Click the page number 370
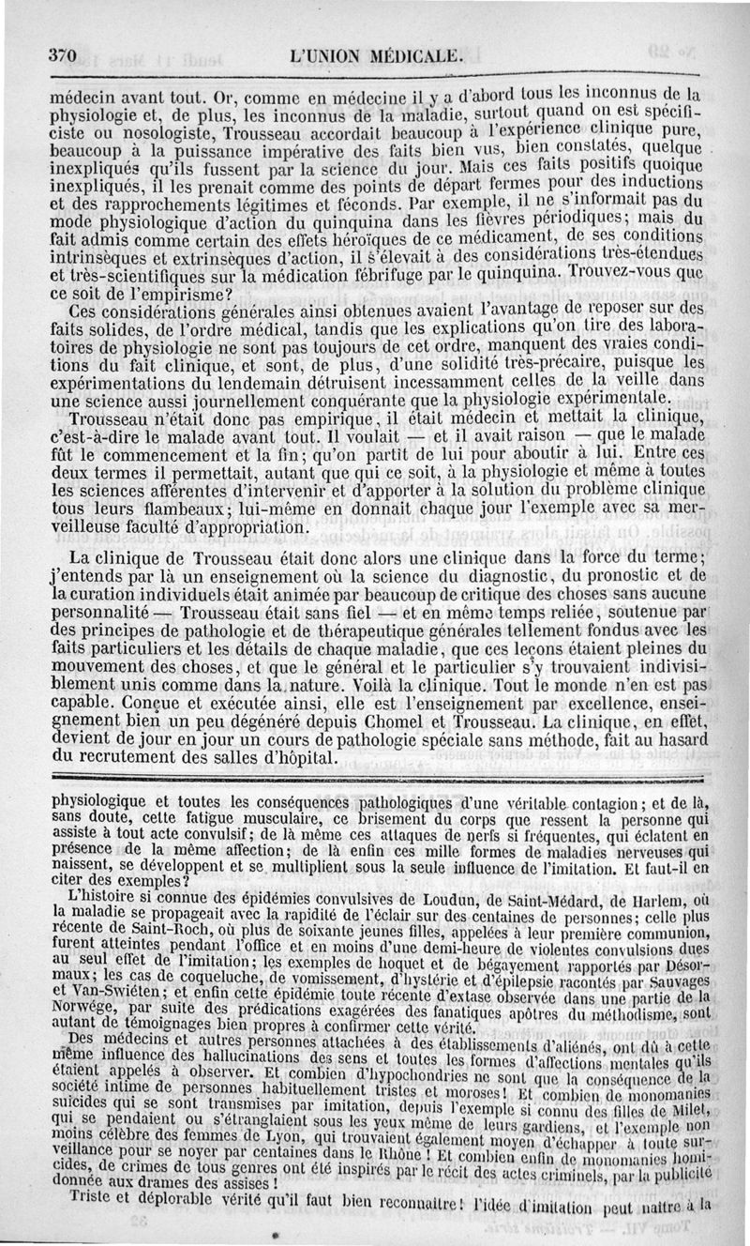[x=62, y=55]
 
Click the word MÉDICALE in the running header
[x=416, y=55]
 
